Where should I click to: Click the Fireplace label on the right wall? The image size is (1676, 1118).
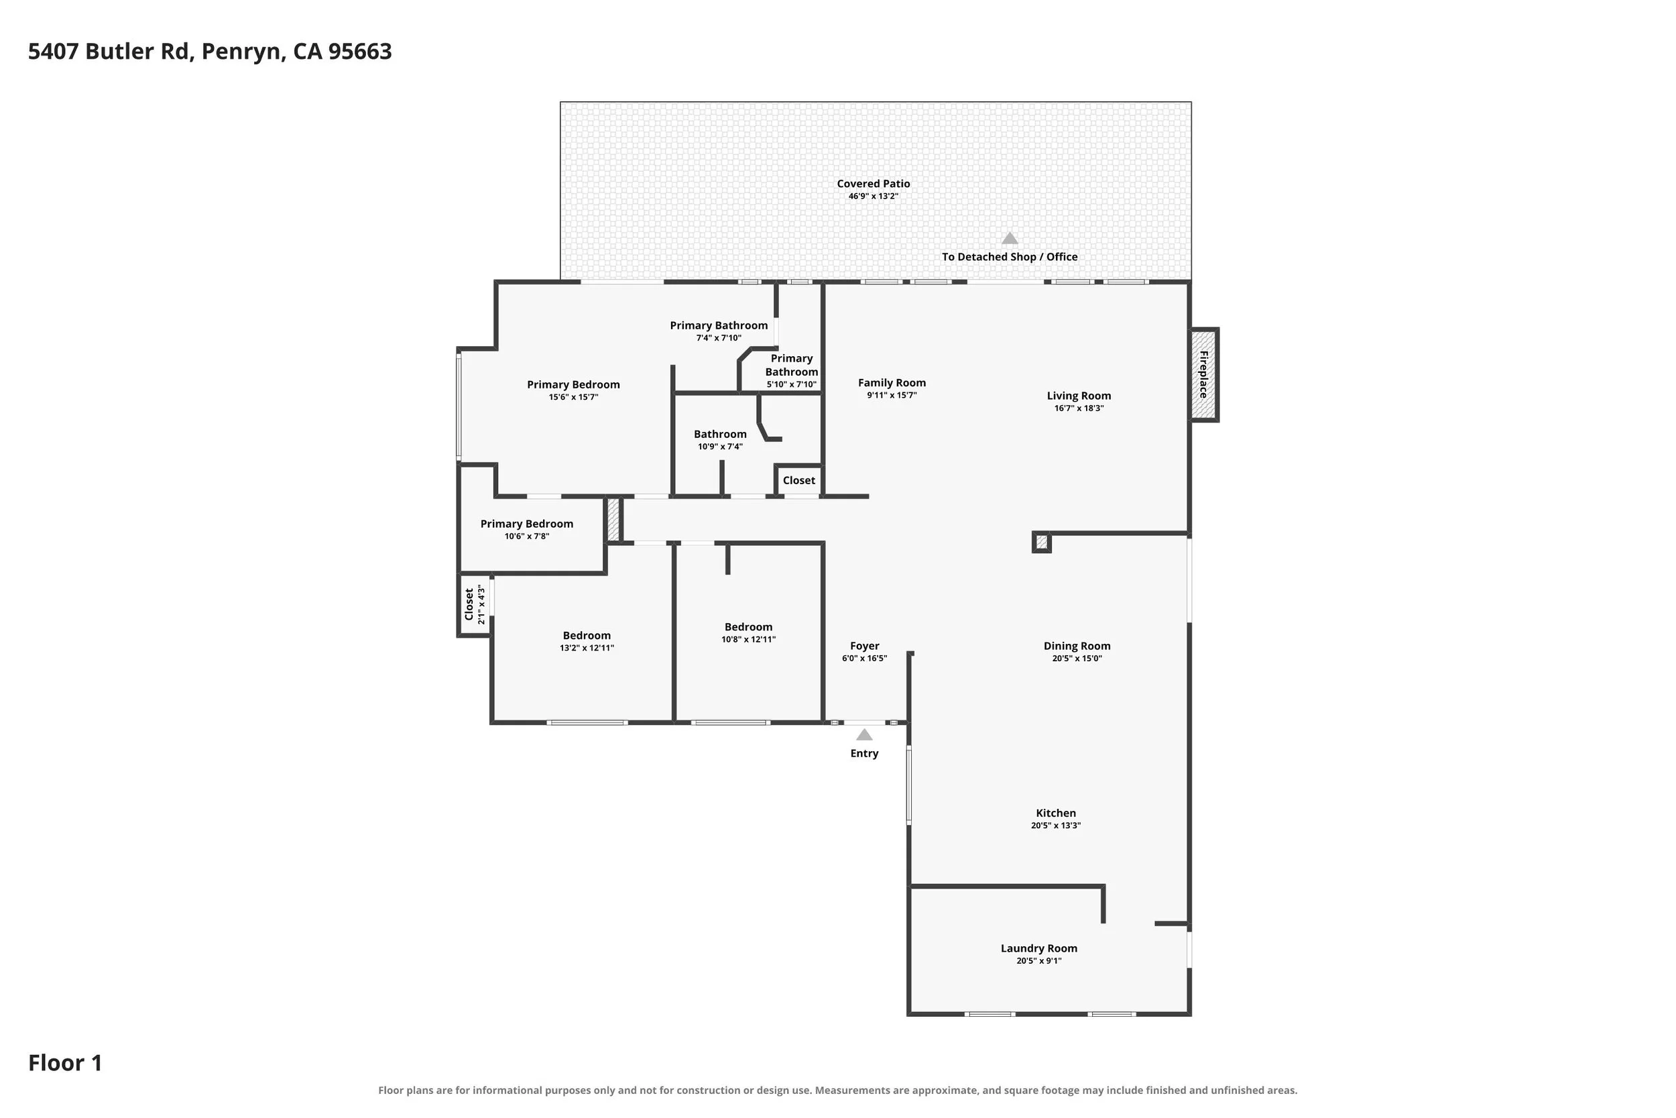1203,374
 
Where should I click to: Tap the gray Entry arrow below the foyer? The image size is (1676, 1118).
864,735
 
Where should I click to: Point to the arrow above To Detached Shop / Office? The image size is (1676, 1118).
1010,238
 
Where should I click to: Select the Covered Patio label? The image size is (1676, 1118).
874,184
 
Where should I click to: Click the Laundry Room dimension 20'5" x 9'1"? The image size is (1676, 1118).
1039,961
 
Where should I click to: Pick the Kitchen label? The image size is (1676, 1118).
1056,813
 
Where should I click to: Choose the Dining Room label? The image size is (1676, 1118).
1077,646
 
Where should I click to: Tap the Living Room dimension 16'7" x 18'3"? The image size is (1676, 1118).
1079,408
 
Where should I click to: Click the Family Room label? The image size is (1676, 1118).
892,383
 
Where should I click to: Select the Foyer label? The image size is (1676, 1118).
865,646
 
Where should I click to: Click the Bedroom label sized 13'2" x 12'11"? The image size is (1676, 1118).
587,636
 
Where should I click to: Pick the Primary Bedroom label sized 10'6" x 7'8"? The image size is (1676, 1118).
527,524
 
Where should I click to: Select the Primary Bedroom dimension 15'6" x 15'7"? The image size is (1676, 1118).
574,397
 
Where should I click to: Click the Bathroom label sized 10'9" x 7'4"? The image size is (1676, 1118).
721,434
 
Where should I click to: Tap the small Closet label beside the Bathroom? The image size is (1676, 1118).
799,481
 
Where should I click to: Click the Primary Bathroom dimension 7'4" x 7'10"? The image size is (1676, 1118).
719,338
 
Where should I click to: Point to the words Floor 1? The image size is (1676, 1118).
66,1063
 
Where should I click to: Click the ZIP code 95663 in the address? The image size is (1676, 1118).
360,52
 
